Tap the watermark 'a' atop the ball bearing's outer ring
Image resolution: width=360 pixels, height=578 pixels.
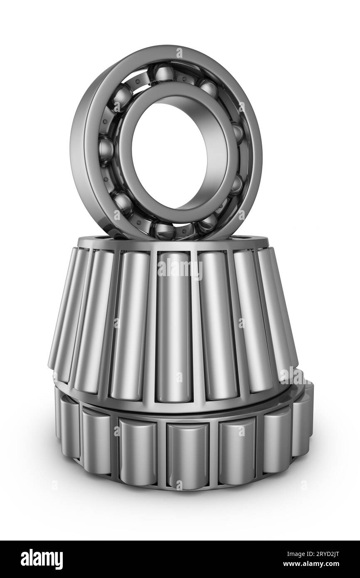180,53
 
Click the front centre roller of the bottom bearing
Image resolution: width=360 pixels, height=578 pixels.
187,453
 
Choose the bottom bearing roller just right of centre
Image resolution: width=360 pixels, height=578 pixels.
237,449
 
